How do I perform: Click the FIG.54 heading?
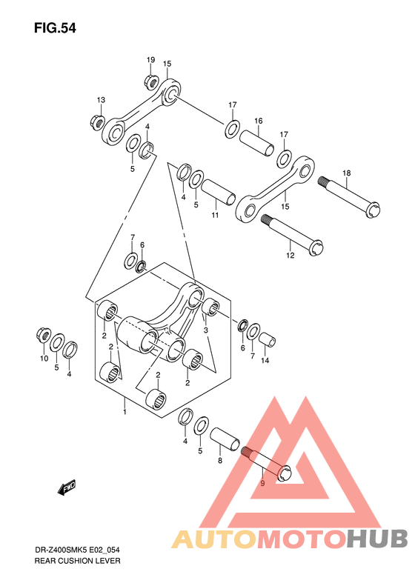55,28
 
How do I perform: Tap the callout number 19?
150,60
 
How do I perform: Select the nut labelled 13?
98,121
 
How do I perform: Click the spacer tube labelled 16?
256,143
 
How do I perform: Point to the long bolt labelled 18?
349,197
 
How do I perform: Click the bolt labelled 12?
293,235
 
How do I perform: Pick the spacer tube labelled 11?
219,192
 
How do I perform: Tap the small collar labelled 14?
268,339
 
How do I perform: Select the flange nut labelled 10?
44,334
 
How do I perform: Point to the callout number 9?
262,483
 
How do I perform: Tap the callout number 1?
124,412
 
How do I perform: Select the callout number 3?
205,330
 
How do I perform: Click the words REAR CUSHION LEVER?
77,561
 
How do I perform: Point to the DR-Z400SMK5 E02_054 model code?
77,550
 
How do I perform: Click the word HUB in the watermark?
377,538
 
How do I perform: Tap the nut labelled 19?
150,81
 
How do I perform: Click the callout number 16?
259,121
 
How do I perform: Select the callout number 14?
265,360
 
